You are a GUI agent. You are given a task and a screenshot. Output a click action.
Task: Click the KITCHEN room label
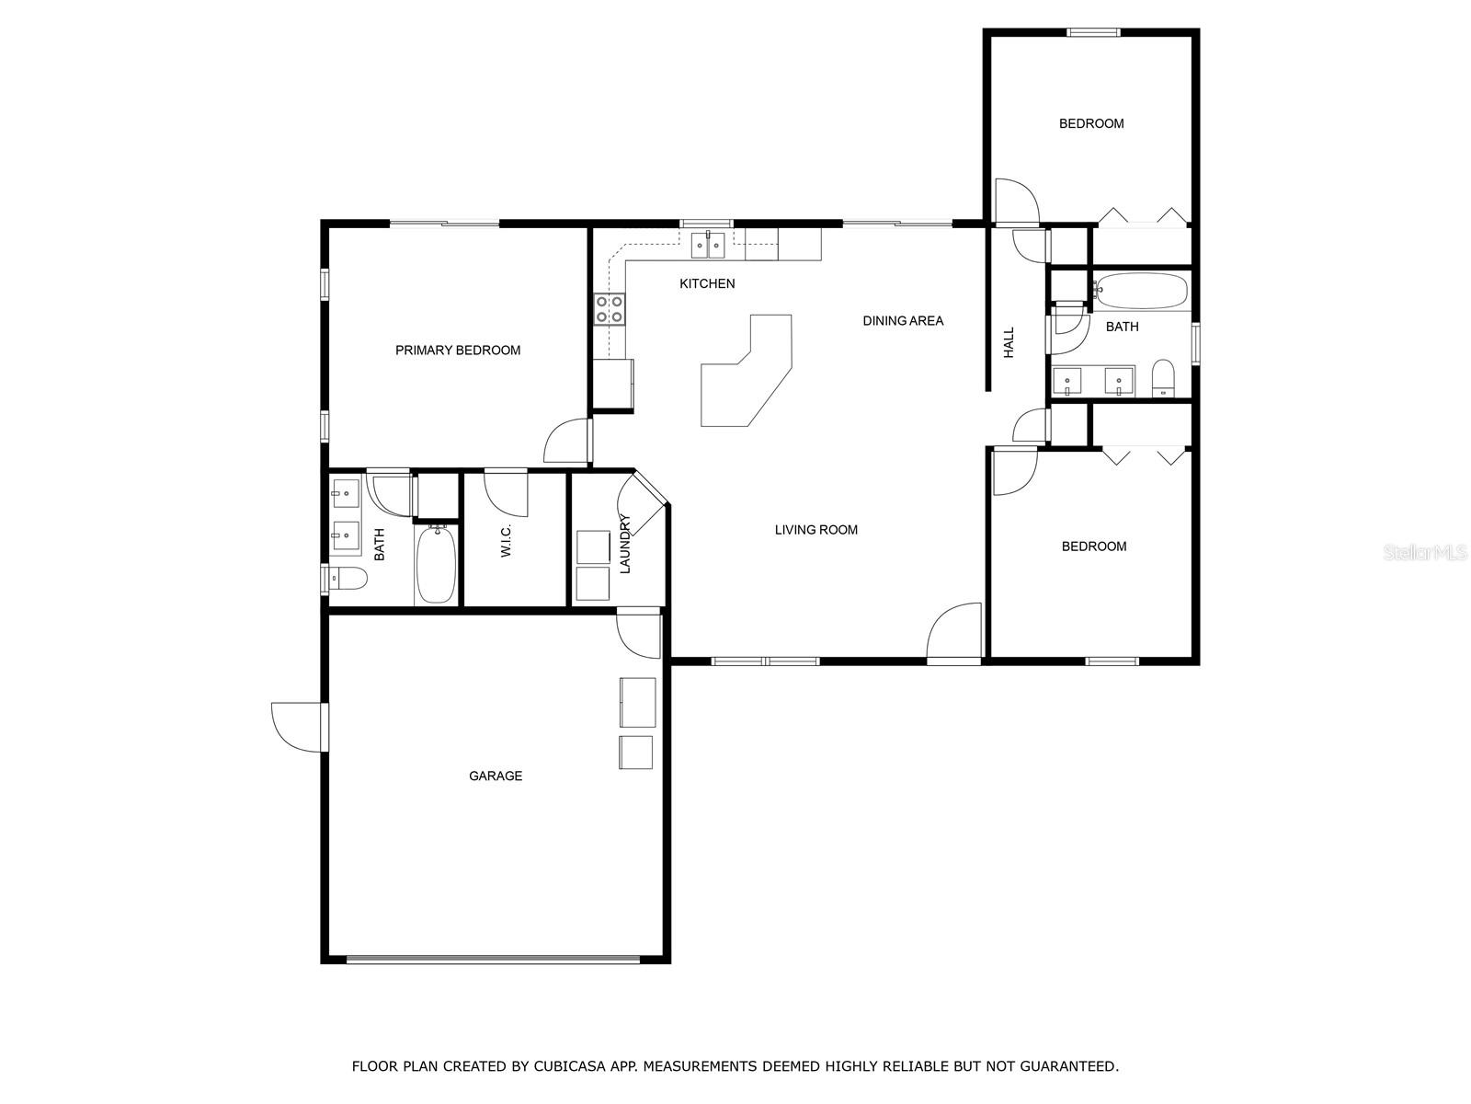click(x=707, y=283)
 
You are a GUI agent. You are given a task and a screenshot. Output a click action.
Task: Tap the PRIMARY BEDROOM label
click(x=458, y=350)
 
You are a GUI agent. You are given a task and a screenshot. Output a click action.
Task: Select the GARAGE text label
click(x=496, y=776)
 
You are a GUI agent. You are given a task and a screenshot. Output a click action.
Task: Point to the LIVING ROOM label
click(x=815, y=530)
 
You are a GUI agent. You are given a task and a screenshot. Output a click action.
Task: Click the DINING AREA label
click(x=903, y=320)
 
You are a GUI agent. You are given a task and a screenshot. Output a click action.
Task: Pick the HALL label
click(x=1009, y=342)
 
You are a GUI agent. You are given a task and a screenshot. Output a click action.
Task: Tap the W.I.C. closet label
click(x=506, y=540)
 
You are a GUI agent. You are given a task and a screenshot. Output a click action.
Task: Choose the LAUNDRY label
click(x=624, y=543)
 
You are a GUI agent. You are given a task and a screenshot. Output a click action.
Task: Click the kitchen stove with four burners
click(x=610, y=310)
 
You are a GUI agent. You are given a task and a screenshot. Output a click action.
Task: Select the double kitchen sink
click(x=708, y=246)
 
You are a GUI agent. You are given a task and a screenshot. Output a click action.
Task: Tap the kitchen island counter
click(x=746, y=370)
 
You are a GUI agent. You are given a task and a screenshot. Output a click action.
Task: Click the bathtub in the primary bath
click(x=437, y=564)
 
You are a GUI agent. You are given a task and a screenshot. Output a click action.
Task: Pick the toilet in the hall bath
click(x=1163, y=379)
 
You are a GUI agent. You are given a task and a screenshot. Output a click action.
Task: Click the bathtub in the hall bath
click(x=1140, y=290)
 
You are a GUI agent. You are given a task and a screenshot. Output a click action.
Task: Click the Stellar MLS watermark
click(x=1425, y=552)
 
